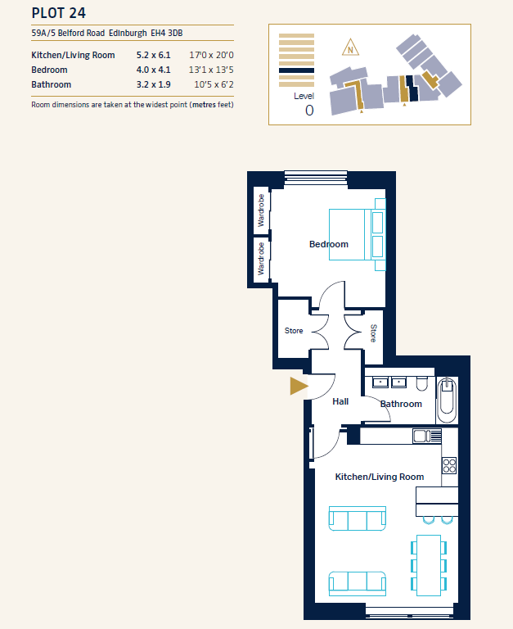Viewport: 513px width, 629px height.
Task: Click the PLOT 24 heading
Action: coord(59,13)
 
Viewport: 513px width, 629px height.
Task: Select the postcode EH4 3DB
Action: coord(167,33)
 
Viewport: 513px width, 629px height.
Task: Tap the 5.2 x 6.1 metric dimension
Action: coord(154,55)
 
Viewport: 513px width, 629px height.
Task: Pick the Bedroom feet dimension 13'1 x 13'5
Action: coord(211,70)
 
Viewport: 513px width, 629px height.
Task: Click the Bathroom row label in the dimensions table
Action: coord(52,84)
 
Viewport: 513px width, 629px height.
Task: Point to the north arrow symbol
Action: coord(351,48)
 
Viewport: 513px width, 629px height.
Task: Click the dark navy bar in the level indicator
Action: coord(296,70)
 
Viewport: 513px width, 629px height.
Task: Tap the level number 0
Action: coord(309,111)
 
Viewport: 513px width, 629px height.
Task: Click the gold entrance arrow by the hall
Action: coord(299,386)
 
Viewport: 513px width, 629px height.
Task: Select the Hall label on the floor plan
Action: coord(340,401)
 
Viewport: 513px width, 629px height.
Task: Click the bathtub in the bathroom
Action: coord(447,400)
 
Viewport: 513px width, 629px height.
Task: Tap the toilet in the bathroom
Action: coord(421,383)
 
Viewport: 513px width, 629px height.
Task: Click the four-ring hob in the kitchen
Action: coord(449,466)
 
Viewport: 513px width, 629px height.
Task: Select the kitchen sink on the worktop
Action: coord(427,436)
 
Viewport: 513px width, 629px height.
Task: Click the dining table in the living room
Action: coord(429,565)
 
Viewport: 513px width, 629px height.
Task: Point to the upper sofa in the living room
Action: coord(358,518)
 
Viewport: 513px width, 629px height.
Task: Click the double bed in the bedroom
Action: coord(358,235)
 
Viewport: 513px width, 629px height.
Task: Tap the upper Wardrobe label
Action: coord(261,210)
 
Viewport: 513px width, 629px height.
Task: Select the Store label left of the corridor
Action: coord(294,331)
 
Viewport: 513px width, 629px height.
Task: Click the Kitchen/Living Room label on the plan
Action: coord(380,477)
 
